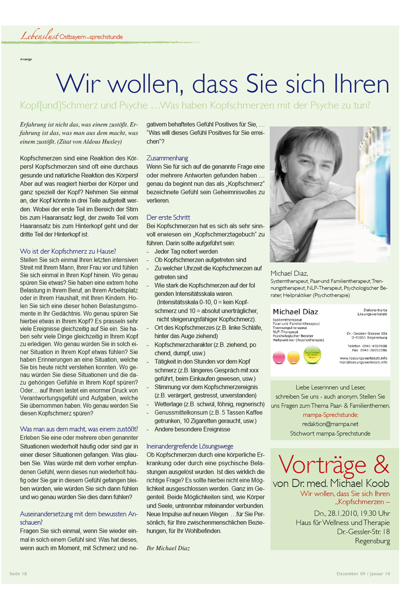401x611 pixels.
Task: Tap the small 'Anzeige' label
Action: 26,59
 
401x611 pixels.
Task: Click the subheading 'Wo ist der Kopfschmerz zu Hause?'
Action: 68,251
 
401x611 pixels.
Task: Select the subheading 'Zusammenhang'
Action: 167,158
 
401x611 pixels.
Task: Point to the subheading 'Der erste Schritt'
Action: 168,218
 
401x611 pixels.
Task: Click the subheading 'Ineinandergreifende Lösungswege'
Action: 190,446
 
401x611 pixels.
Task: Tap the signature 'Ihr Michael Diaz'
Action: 168,548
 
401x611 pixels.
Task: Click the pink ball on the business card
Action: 279,358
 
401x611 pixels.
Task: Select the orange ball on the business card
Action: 293,357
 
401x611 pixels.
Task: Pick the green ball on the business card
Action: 312,355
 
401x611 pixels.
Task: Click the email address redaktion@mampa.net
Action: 330,424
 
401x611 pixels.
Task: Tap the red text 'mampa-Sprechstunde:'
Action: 330,415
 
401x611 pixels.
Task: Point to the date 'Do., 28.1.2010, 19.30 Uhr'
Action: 352,513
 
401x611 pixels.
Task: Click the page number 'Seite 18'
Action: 18,573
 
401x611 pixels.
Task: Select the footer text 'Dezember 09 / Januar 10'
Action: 363,573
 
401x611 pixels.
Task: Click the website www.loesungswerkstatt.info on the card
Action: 363,358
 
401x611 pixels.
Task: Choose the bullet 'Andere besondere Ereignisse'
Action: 192,429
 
